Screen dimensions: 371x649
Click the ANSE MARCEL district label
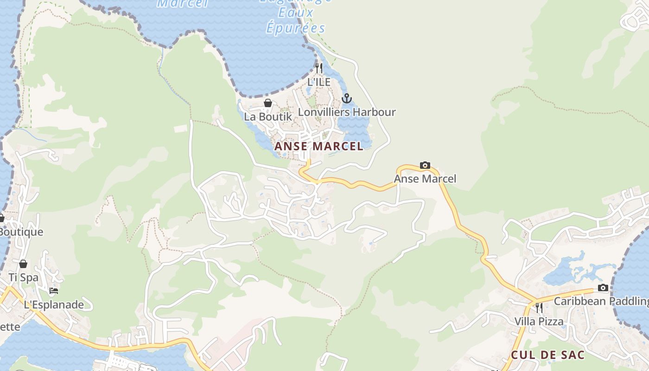318,147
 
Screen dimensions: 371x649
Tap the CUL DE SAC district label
547,355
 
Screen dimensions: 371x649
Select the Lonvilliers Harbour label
347,112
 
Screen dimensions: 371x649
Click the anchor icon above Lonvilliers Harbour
346,98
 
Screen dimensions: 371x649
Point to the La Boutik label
268,116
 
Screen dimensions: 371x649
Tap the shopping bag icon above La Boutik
267,103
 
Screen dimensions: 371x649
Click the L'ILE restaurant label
319,82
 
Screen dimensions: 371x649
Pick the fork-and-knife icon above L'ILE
318,68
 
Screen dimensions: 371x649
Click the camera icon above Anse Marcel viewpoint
425,165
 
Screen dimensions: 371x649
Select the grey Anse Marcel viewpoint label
425,179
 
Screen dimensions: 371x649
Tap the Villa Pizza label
539,321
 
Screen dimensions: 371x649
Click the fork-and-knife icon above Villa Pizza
539,307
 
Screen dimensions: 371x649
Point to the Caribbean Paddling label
601,301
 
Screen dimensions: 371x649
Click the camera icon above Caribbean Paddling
603,288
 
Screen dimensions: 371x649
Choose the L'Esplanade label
54,305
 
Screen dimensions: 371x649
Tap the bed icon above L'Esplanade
54,291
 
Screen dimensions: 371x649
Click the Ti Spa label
23,278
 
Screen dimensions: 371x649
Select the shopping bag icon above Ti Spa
23,264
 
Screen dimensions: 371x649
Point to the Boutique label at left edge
21,232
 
